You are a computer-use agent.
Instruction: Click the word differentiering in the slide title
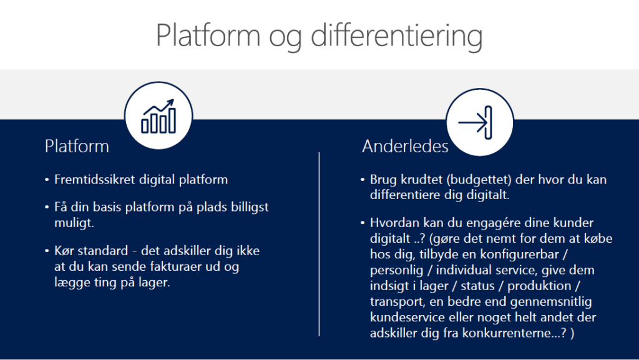coord(396,36)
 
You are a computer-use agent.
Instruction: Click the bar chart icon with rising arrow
coord(159,116)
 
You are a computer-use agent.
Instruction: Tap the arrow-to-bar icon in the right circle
coord(475,122)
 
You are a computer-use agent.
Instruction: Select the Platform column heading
coord(77,146)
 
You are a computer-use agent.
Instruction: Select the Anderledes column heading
coord(405,146)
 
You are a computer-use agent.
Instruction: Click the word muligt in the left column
coord(74,223)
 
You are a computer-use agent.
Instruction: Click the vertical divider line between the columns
coord(319,245)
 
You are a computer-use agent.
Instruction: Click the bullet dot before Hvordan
coord(363,223)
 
